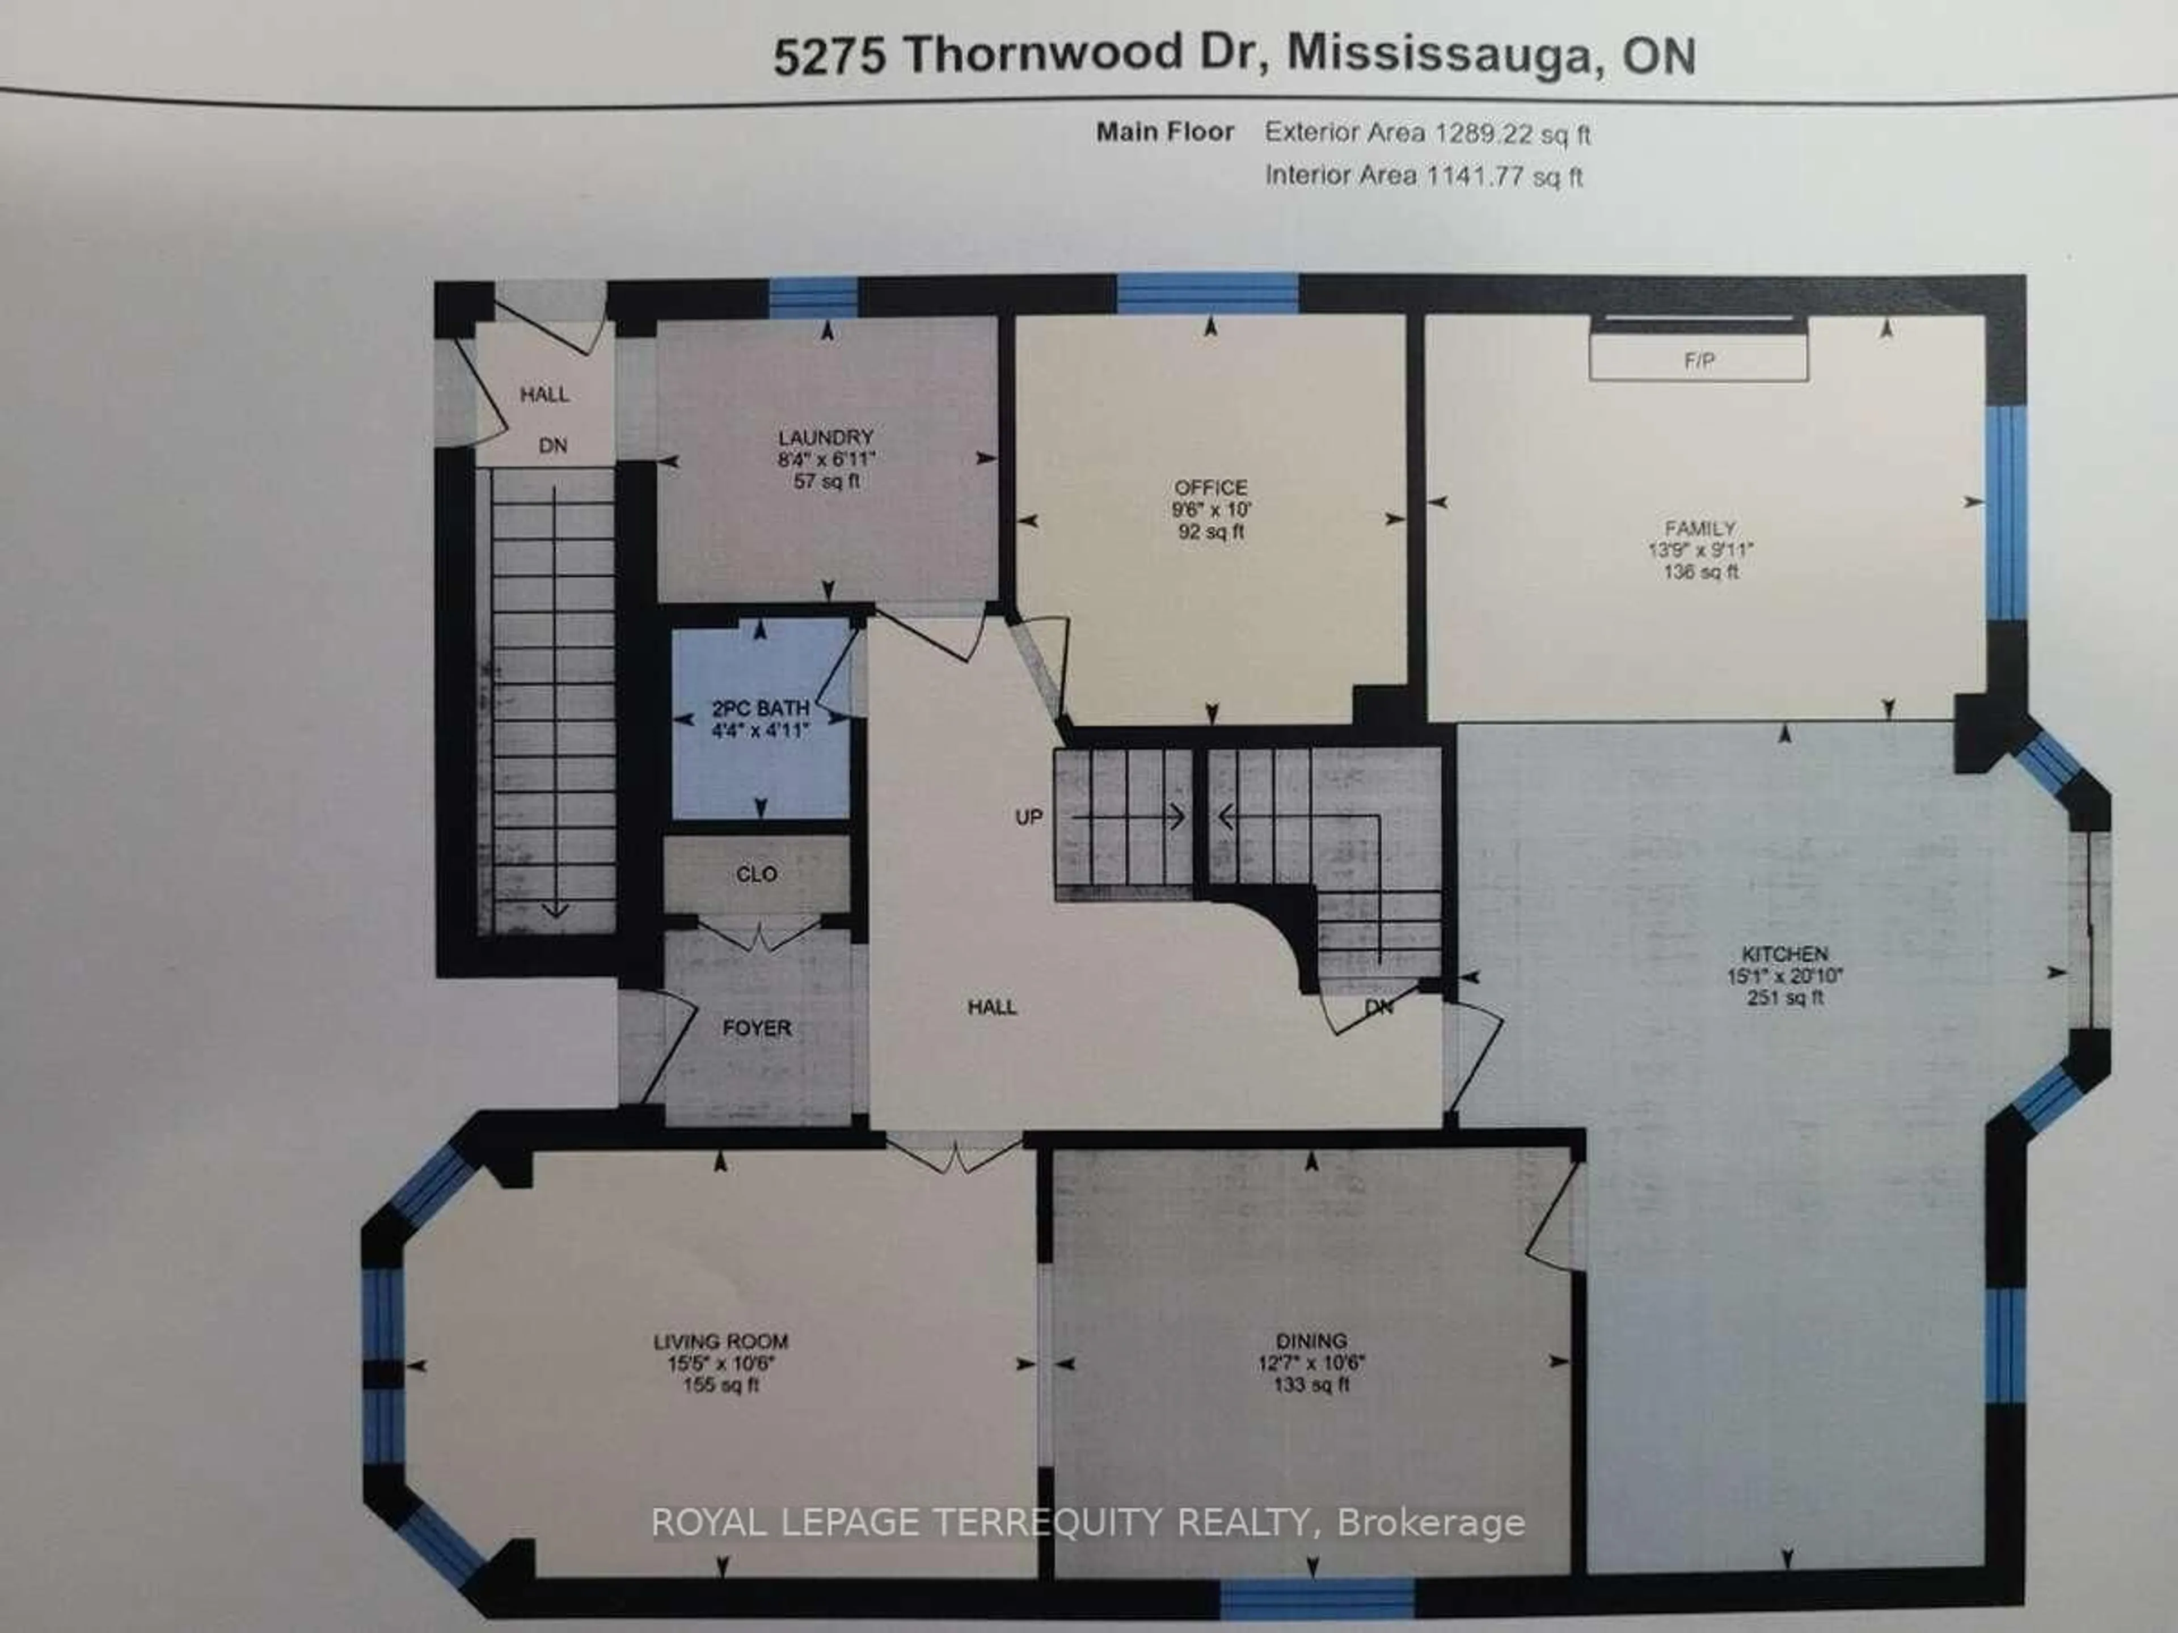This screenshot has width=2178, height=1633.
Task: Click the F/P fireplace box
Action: click(1699, 359)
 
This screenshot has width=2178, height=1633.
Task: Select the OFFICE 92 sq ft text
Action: click(1210, 531)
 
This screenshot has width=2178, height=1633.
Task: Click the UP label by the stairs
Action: click(1028, 817)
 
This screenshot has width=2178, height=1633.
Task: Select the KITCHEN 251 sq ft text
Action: click(1784, 997)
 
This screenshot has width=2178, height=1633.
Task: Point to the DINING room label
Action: click(1311, 1340)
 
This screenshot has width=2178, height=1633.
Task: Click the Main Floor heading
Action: click(1165, 132)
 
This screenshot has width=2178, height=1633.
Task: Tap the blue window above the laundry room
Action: click(813, 297)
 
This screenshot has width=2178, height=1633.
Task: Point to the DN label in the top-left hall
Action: click(552, 446)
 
